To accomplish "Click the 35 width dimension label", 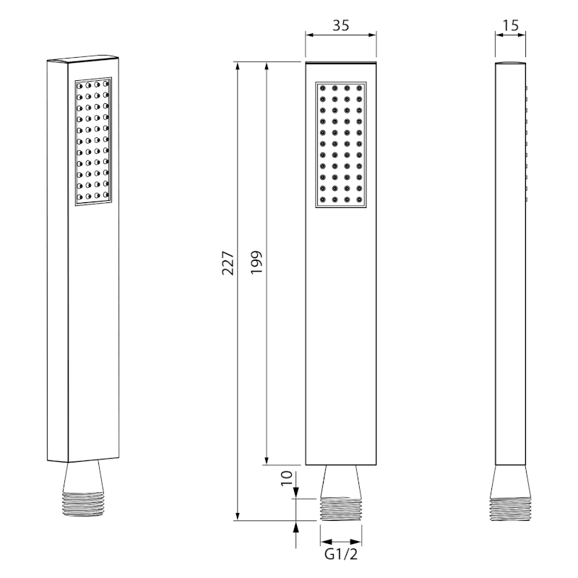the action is (340, 25).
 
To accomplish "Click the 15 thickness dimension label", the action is (511, 25).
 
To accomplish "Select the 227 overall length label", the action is (228, 263).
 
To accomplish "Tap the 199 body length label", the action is (256, 262).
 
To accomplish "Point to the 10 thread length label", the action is (287, 478).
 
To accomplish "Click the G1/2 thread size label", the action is (341, 554).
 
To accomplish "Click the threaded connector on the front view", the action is (341, 509).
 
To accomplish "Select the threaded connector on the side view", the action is (511, 509).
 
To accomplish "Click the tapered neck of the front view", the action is (341, 481).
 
